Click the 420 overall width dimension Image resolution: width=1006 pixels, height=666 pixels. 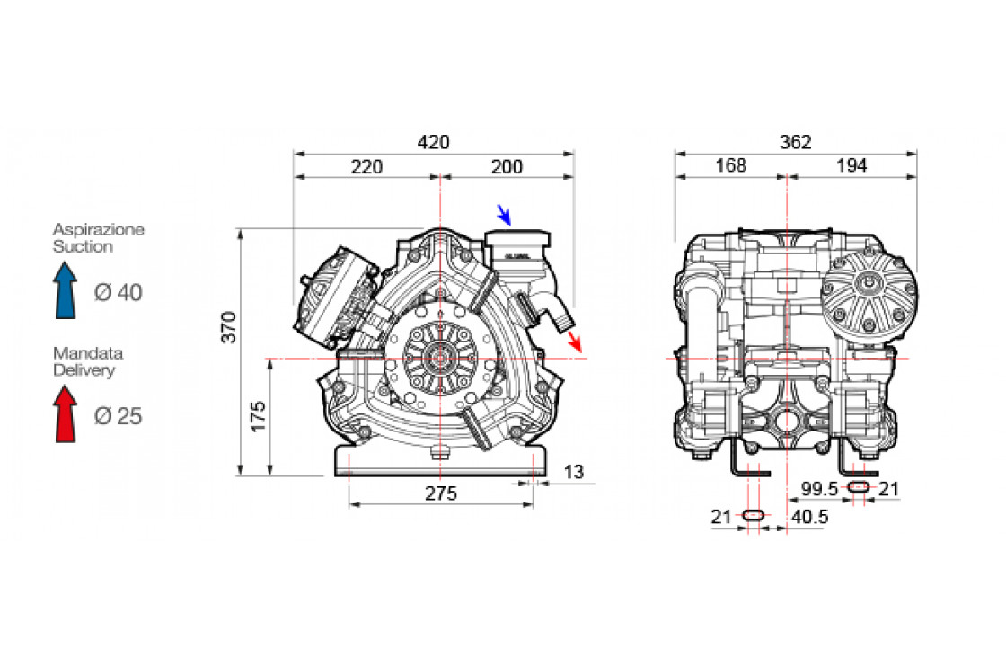click(434, 142)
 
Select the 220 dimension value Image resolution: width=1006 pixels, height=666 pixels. click(366, 167)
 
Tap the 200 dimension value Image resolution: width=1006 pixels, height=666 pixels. click(507, 167)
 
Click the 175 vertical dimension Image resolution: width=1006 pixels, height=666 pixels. click(258, 417)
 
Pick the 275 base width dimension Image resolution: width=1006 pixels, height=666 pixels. click(441, 493)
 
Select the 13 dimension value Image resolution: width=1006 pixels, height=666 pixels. click(573, 472)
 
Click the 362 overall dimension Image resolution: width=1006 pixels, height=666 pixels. click(796, 142)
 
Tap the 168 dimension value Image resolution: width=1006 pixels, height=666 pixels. click(730, 166)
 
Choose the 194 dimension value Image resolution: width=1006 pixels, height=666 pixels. click(852, 166)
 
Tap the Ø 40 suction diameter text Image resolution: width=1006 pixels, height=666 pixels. click(118, 292)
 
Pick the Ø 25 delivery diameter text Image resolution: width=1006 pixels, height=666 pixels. click(118, 416)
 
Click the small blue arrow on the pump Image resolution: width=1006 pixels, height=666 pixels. click(505, 214)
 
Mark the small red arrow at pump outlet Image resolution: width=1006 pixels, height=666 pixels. click(575, 342)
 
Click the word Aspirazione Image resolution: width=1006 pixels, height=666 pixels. click(98, 229)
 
